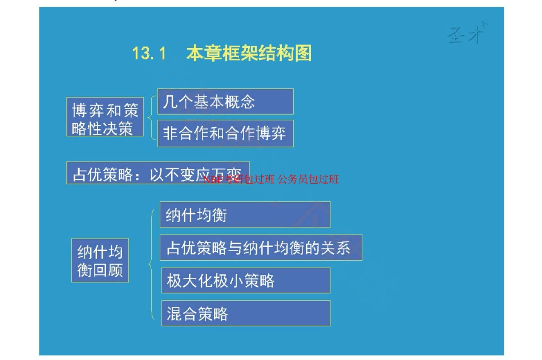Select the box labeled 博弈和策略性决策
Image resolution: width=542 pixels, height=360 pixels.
coord(104,119)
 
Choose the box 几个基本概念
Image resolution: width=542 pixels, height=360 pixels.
coord(225,102)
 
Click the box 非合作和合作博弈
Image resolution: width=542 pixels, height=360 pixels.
coord(225,134)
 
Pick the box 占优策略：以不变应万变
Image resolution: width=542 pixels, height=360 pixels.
coord(157,173)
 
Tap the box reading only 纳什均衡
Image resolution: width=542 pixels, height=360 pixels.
coord(245,215)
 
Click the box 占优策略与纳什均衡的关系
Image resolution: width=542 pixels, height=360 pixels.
coord(261,248)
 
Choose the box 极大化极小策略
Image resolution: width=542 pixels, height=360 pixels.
coord(245,280)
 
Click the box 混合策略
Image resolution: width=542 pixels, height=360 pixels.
coord(245,313)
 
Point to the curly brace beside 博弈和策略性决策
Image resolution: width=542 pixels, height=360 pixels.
coord(151,118)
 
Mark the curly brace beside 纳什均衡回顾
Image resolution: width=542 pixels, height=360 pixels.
coord(151,264)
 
